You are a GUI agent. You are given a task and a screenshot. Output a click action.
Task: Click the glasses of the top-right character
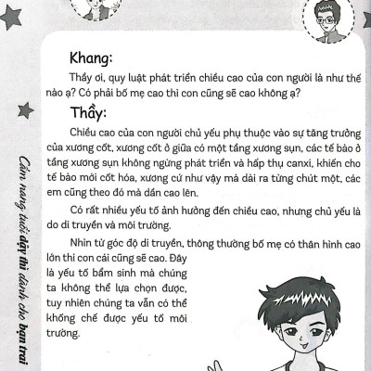(324, 18)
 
